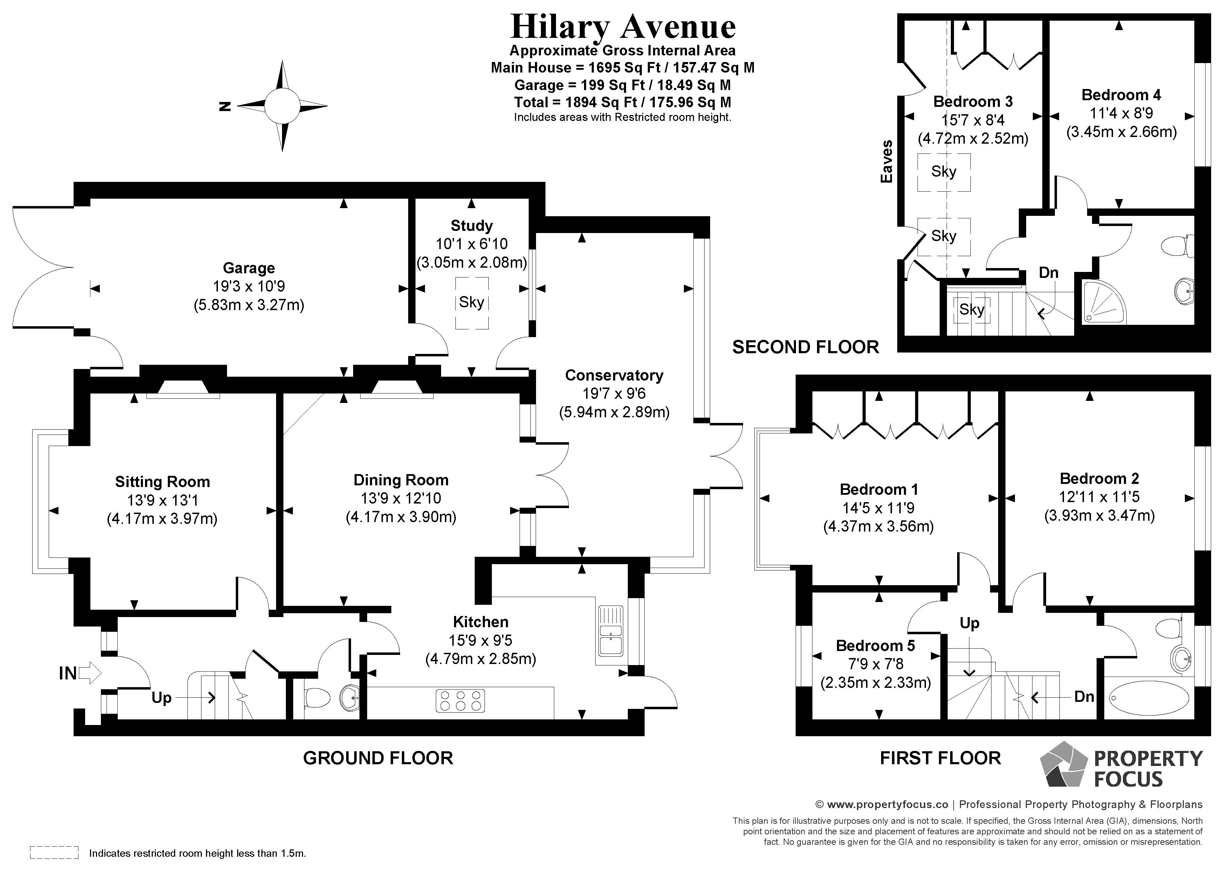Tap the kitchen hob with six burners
click(x=460, y=700)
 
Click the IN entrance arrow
click(x=89, y=673)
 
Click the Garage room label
click(x=249, y=268)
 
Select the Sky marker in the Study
click(x=472, y=302)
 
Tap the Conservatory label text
click(x=614, y=375)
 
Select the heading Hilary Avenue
click(x=623, y=27)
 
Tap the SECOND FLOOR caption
click(x=805, y=347)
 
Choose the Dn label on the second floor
click(x=1048, y=273)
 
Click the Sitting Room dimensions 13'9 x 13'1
click(x=162, y=500)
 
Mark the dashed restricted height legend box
click(x=54, y=853)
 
